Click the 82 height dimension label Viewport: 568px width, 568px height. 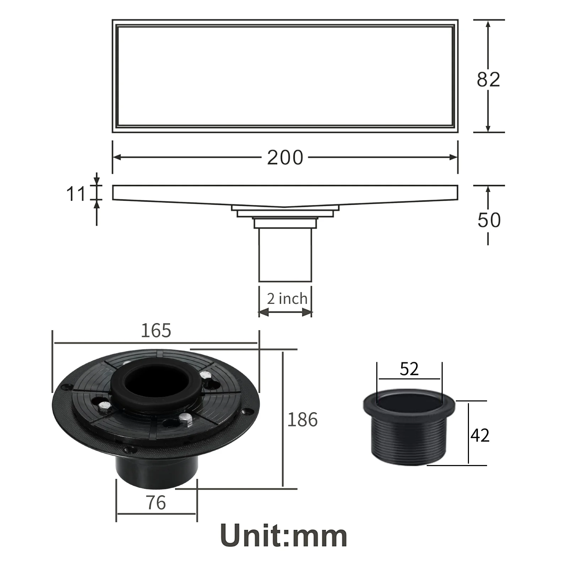coord(488,80)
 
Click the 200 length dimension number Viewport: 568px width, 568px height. coord(285,157)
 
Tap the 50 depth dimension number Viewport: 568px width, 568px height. coord(489,220)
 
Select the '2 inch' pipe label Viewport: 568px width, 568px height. coord(287,299)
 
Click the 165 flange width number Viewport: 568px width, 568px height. coord(156,331)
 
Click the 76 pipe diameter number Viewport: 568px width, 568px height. coord(156,503)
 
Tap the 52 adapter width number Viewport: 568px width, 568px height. coord(409,369)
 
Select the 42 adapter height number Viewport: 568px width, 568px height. coord(480,435)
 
